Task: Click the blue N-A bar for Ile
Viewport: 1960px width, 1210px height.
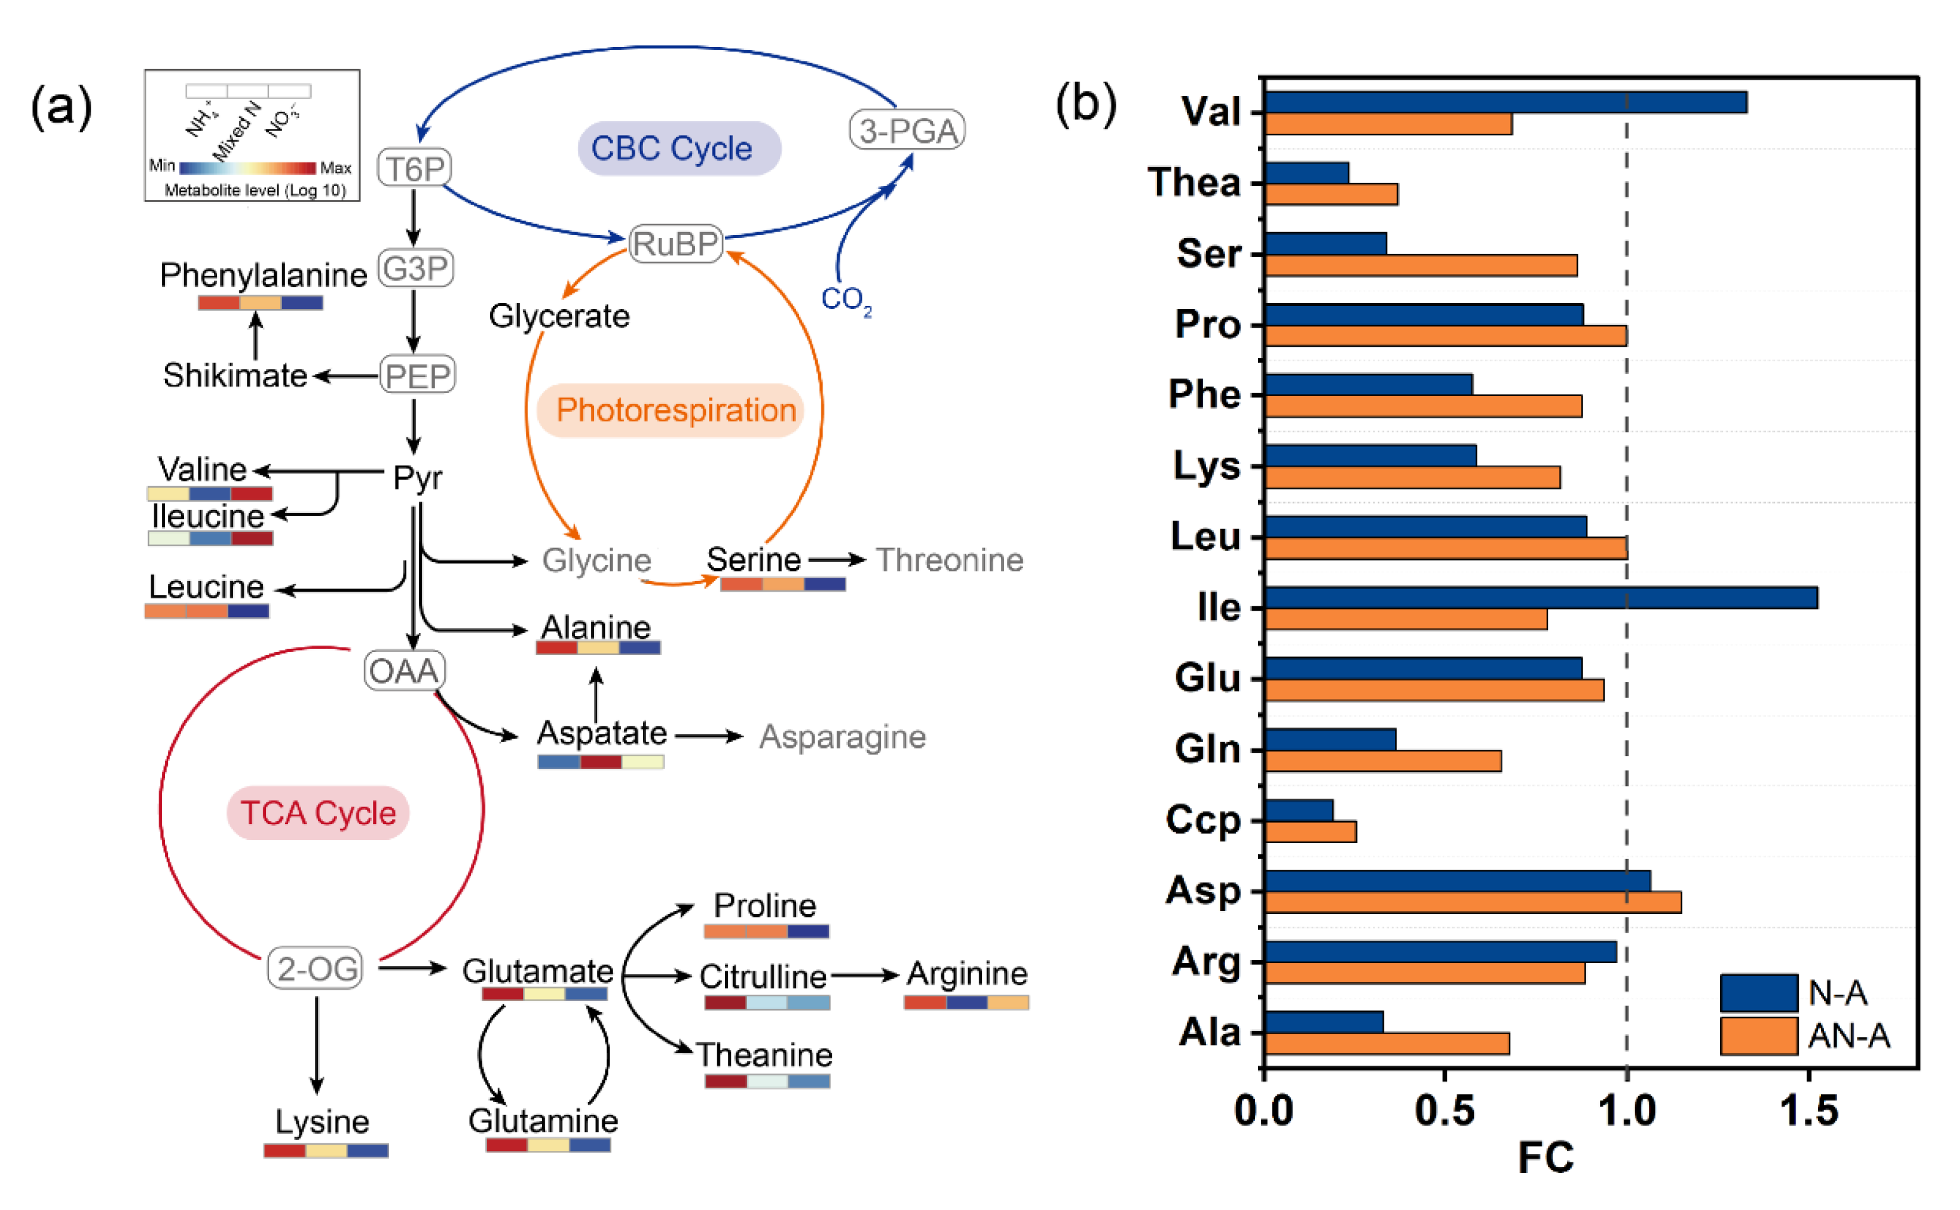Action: (1540, 598)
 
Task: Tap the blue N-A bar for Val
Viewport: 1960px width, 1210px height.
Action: (1504, 102)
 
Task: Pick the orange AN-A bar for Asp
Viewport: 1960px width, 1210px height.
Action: (1472, 903)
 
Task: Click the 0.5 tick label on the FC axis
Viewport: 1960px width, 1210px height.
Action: (1444, 1111)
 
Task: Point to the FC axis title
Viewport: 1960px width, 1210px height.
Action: (1546, 1158)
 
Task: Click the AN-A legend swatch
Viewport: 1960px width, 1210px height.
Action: (1758, 1036)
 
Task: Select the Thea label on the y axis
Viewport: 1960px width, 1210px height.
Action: (1194, 182)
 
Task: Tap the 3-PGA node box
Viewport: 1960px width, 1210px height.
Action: (907, 130)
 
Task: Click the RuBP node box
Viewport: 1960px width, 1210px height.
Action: (676, 243)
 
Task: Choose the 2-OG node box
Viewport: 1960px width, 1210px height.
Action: (315, 968)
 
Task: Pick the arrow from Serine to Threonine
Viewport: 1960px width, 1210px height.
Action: (836, 559)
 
